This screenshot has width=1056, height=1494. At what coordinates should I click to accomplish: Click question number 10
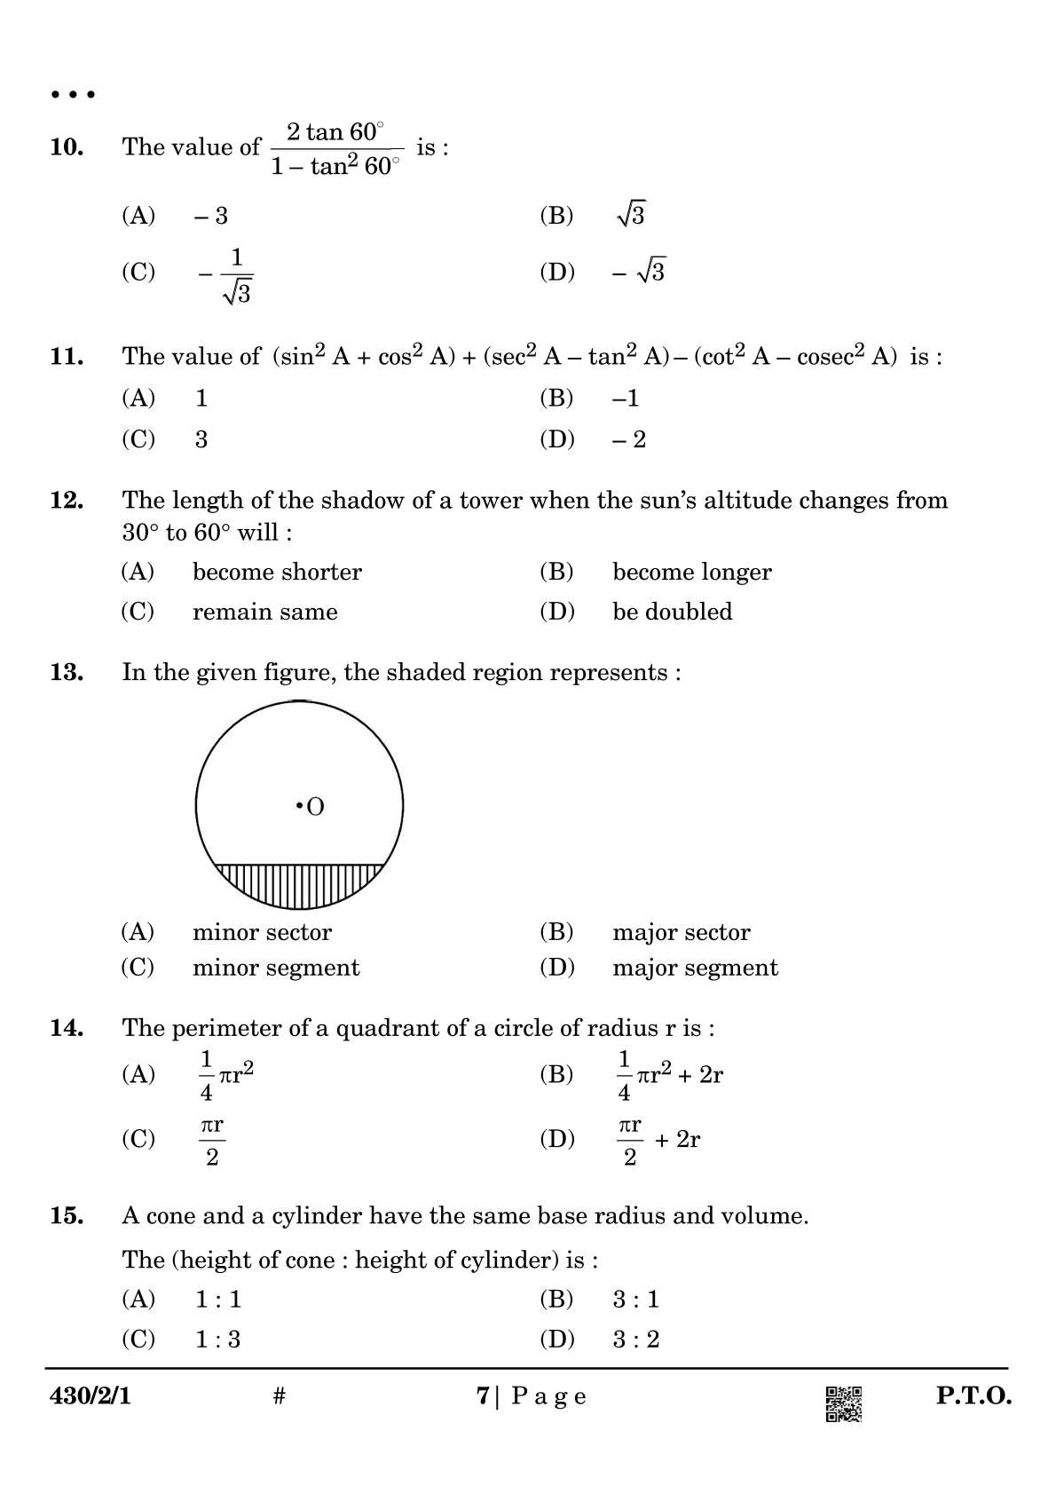click(67, 147)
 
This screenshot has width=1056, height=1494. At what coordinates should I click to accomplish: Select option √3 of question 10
click(631, 215)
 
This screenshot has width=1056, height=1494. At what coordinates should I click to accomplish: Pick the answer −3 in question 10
click(211, 216)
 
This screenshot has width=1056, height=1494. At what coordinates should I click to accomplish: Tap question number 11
click(67, 357)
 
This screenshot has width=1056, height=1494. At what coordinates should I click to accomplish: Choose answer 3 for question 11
click(201, 439)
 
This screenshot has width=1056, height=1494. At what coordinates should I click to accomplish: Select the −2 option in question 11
click(629, 439)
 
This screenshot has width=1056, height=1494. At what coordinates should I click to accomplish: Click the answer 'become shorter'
click(277, 572)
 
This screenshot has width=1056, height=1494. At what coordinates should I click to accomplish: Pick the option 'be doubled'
click(672, 612)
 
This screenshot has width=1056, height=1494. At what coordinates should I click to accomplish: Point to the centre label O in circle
click(315, 807)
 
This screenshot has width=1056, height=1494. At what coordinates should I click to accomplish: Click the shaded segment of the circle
click(300, 885)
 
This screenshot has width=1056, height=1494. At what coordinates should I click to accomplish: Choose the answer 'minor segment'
click(276, 968)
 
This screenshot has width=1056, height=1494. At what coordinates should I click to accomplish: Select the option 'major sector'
click(681, 932)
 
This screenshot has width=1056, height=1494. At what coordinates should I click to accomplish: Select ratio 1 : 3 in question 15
click(217, 1340)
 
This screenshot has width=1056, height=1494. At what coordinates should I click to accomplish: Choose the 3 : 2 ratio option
click(636, 1340)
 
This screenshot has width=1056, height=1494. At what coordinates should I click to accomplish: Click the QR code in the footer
click(843, 1404)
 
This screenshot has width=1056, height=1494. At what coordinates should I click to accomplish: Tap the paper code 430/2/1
click(91, 1396)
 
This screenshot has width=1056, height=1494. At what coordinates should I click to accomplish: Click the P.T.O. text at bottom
click(973, 1396)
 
